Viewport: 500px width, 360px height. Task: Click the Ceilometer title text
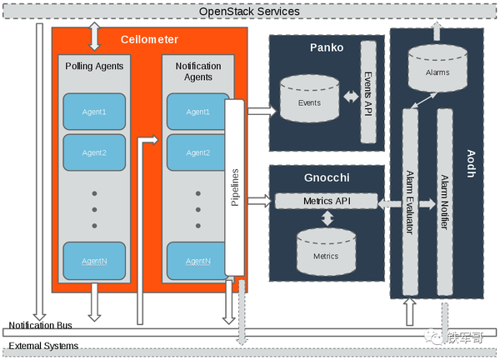click(x=149, y=39)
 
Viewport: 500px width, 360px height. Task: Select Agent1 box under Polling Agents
click(x=94, y=112)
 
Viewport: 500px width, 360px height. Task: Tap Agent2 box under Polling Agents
click(x=94, y=152)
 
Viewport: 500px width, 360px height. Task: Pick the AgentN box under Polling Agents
click(x=94, y=261)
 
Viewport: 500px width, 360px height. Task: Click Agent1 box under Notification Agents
click(x=197, y=112)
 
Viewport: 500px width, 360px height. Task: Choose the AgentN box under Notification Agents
click(x=197, y=261)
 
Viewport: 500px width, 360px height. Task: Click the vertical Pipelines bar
click(x=234, y=187)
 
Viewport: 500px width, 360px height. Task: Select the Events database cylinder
click(x=309, y=102)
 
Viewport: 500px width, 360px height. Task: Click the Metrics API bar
click(x=326, y=202)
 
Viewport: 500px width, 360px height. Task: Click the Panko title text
click(x=325, y=48)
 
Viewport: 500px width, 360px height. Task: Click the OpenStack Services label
click(x=249, y=12)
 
